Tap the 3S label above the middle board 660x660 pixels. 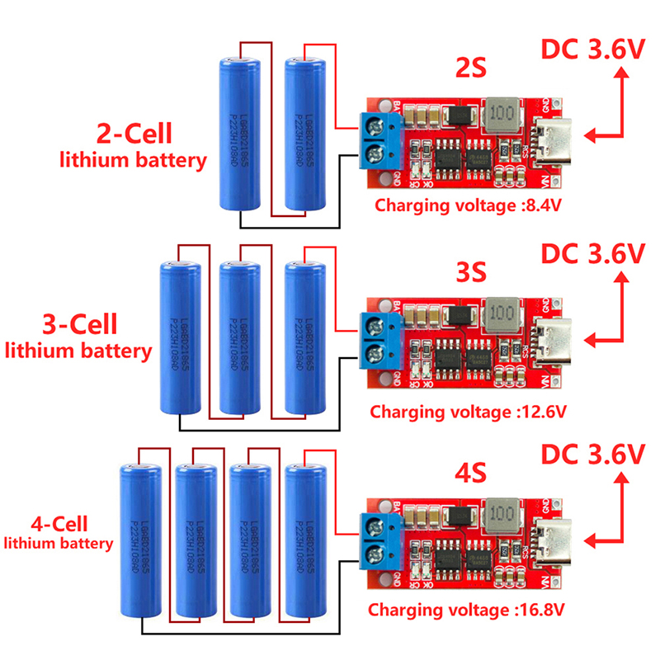pyautogui.click(x=472, y=271)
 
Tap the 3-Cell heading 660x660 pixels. pyautogui.click(x=79, y=323)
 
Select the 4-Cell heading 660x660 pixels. pyautogui.click(x=59, y=523)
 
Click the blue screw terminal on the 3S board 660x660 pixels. pyautogui.click(x=380, y=339)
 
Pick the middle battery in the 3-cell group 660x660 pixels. pyautogui.click(x=240, y=338)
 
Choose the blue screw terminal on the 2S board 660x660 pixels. pyautogui.click(x=380, y=137)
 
